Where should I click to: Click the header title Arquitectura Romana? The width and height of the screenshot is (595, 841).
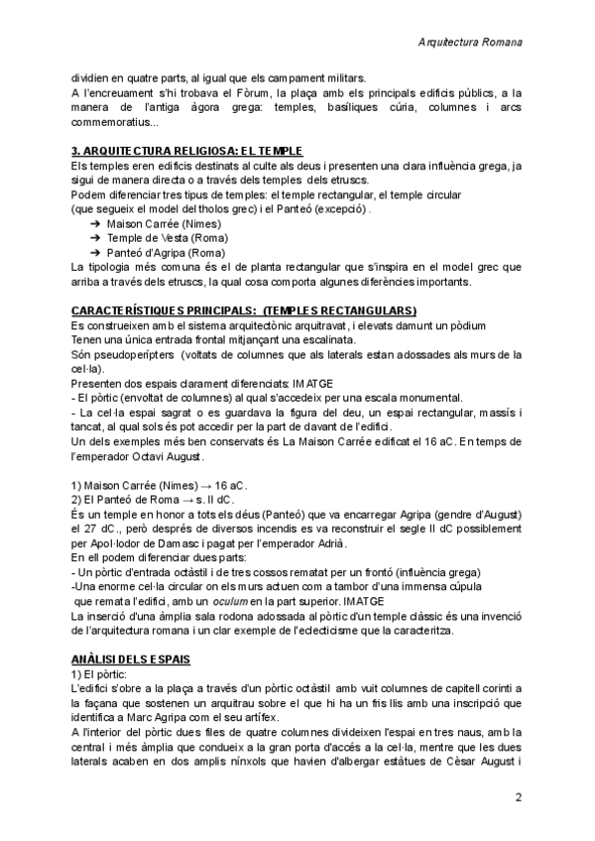tap(471, 44)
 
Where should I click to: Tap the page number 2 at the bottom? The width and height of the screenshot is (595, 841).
tap(519, 797)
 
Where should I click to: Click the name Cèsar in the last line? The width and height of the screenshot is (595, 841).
tap(433, 762)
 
